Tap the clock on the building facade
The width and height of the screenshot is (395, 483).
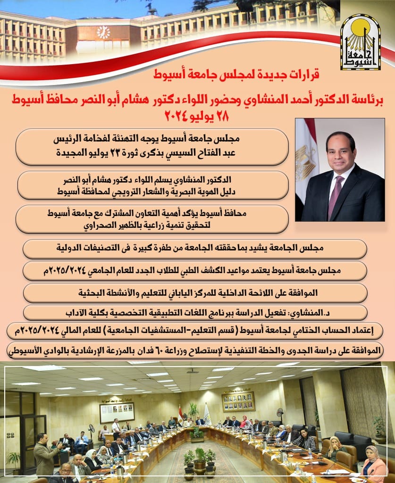[x=103, y=33]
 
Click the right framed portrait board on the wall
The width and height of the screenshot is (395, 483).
[x=238, y=401]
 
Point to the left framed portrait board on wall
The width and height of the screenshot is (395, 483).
[x=117, y=411]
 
